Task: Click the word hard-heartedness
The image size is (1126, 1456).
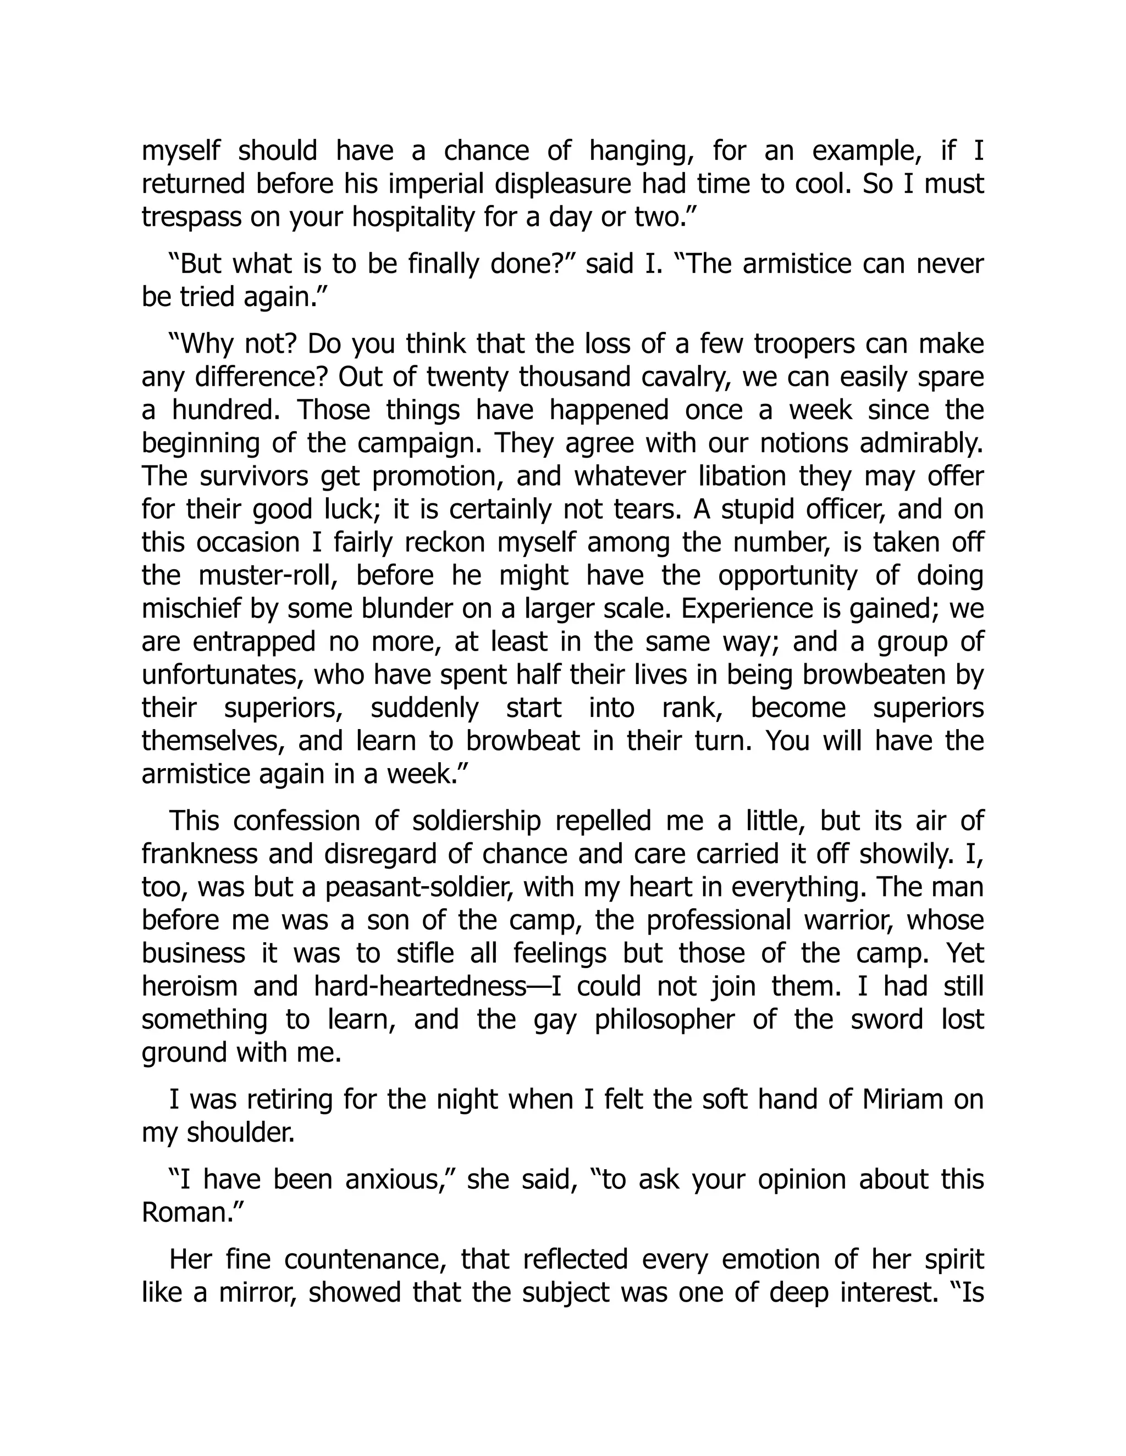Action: point(420,986)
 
